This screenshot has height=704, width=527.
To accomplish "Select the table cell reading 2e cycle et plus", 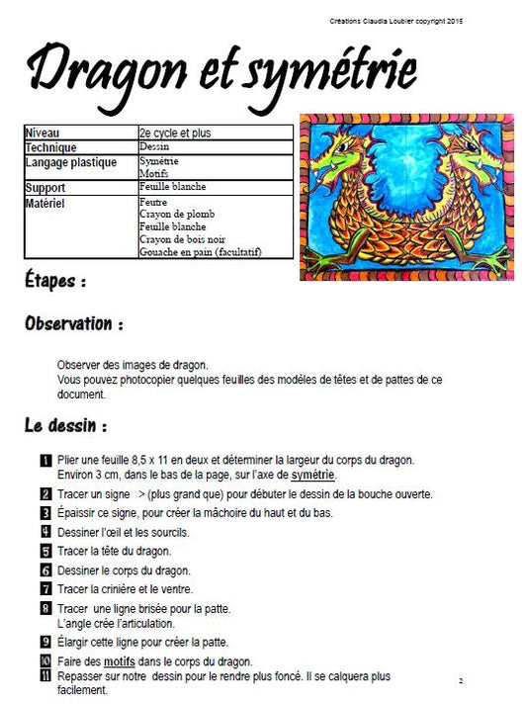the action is tap(176, 132).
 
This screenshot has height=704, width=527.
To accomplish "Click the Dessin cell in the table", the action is tap(155, 146).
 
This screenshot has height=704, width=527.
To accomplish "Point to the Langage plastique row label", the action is tap(70, 162).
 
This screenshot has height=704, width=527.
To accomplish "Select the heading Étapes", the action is tap(55, 282).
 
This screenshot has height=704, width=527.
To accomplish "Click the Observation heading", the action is tap(75, 323).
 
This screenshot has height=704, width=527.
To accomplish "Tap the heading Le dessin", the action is tap(66, 427).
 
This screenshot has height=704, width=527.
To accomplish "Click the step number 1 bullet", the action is tap(45, 460).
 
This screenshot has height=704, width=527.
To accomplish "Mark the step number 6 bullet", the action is tap(45, 570).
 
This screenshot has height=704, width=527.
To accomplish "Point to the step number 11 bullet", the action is tap(45, 676).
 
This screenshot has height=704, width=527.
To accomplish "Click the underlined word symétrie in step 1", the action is tap(312, 476).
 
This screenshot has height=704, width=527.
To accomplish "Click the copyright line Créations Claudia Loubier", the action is tap(396, 21).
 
